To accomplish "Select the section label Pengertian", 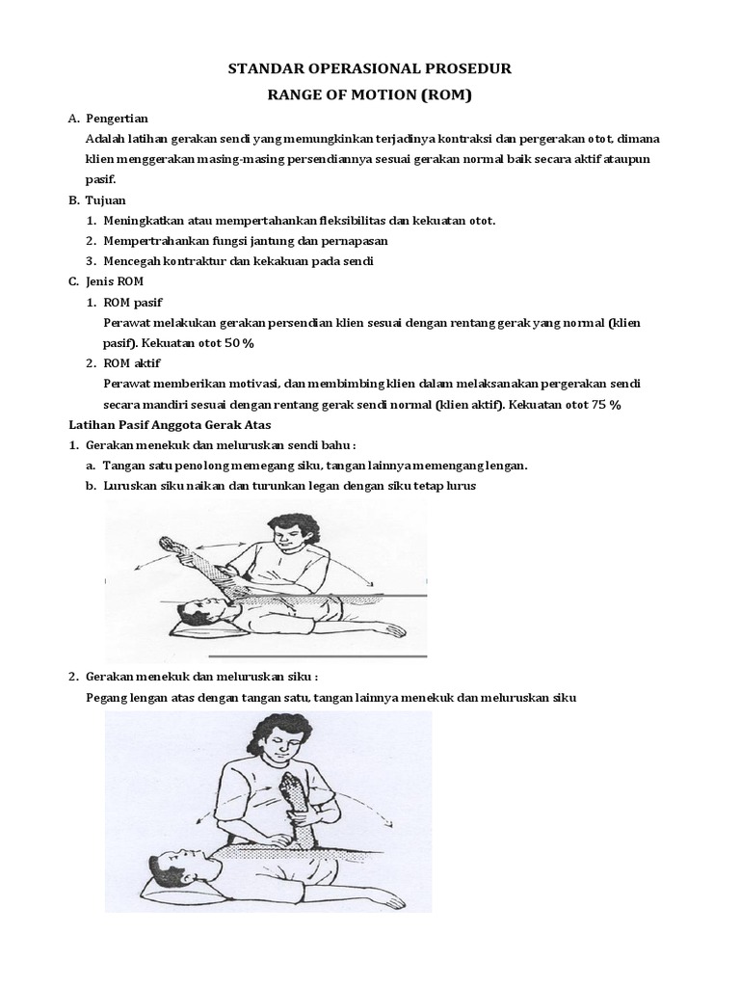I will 117,118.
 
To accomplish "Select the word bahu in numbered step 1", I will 334,445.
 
